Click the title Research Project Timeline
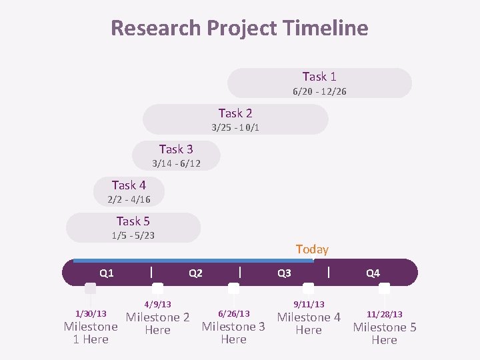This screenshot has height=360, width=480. pyautogui.click(x=239, y=28)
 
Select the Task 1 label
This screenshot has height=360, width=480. pyautogui.click(x=319, y=77)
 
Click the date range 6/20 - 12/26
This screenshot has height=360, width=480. pyautogui.click(x=319, y=91)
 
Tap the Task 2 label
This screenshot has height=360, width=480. pyautogui.click(x=235, y=113)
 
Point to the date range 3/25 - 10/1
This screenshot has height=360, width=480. pyautogui.click(x=235, y=127)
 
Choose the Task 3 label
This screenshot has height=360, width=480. pyautogui.click(x=176, y=149)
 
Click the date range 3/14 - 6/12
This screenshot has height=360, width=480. pyautogui.click(x=176, y=163)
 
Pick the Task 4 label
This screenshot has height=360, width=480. pyautogui.click(x=129, y=185)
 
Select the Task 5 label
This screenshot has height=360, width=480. pyautogui.click(x=133, y=221)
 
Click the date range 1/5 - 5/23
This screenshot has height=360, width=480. pyautogui.click(x=133, y=235)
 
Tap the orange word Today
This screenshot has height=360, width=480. pyautogui.click(x=312, y=249)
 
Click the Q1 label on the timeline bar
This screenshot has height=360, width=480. pyautogui.click(x=107, y=273)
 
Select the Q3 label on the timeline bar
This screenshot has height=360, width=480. pyautogui.click(x=284, y=273)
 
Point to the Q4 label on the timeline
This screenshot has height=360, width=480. pyautogui.click(x=373, y=273)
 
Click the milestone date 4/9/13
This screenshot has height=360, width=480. pyautogui.click(x=157, y=305)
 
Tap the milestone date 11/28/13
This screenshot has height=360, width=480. pyautogui.click(x=385, y=314)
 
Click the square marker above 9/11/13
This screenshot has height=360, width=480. pyautogui.click(x=308, y=289)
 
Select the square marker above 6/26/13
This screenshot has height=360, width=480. pyautogui.click(x=233, y=289)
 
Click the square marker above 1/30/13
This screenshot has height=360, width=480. pyautogui.click(x=90, y=289)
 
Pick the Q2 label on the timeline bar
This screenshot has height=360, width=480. pyautogui.click(x=195, y=273)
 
